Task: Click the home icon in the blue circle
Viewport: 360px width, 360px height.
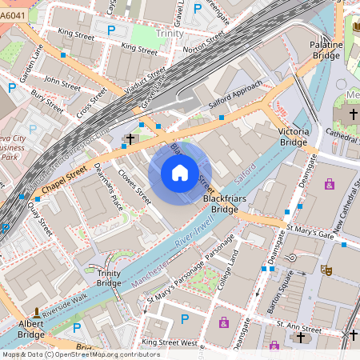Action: point(180,173)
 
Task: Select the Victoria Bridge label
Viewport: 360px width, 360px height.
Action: point(292,136)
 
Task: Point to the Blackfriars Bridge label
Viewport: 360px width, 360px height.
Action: point(220,203)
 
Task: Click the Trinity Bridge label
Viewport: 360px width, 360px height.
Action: point(109,278)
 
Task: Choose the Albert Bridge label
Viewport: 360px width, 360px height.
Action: point(31,329)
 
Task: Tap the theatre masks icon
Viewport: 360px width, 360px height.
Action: point(326,271)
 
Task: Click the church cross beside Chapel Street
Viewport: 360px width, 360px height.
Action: point(130,139)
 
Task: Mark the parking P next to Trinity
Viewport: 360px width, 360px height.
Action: point(111,30)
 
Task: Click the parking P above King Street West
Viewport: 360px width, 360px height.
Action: point(185,319)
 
